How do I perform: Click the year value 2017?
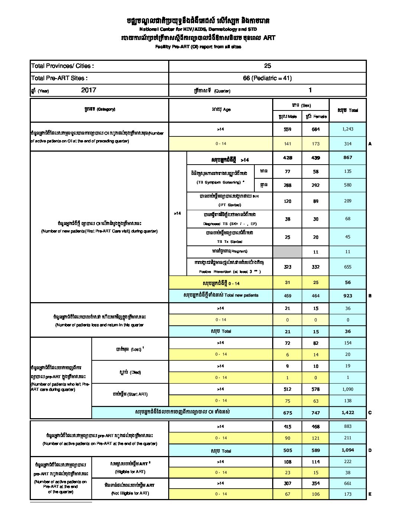88,90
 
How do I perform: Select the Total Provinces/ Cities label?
62,66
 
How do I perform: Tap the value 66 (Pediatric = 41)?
267,78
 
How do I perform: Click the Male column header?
287,116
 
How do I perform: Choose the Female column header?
316,116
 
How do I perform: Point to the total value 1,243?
348,129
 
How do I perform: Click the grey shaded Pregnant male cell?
287,252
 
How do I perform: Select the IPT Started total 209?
348,201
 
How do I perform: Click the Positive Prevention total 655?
348,267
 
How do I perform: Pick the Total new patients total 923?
348,296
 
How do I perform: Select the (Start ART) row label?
130,394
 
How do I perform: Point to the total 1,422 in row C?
348,412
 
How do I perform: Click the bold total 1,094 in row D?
348,450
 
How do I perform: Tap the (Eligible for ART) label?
130,472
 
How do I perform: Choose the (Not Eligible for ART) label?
130,493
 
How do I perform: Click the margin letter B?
370,296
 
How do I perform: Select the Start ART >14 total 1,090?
348,389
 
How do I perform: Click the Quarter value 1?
310,90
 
